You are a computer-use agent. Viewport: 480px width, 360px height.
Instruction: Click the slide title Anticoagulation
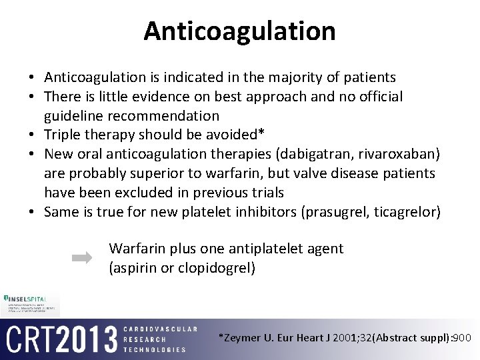pos(239,31)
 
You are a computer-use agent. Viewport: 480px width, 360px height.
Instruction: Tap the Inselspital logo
pos(30,298)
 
